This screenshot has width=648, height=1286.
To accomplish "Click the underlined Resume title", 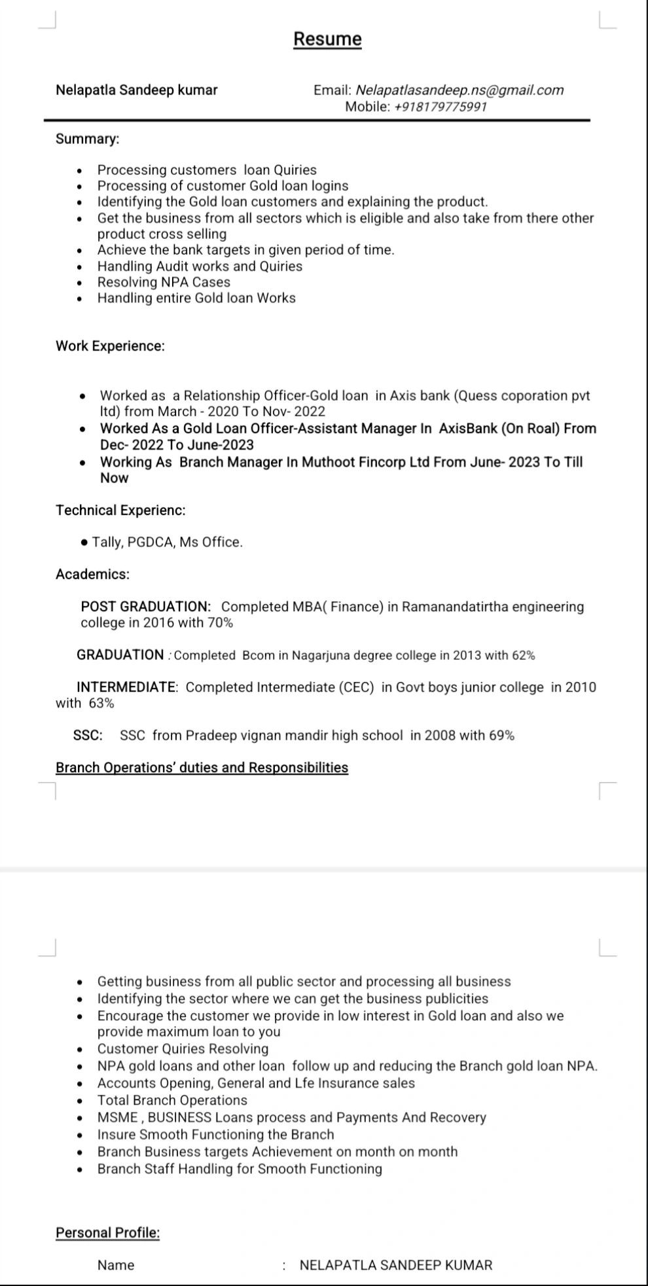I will tap(327, 39).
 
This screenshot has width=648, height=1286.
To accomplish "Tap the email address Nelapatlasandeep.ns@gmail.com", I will tap(459, 90).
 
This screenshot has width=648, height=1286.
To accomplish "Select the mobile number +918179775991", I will tap(440, 107).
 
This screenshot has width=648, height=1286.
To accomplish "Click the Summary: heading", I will tap(88, 139).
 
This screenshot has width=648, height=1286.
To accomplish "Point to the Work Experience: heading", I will tap(110, 346).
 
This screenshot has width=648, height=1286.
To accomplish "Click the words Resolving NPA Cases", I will tap(164, 282).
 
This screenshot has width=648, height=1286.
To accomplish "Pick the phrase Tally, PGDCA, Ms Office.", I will tap(167, 542).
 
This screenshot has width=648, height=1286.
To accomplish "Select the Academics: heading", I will tap(92, 574).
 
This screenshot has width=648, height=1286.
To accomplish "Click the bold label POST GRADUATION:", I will tap(145, 607).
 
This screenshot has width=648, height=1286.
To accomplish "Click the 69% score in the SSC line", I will tap(501, 736).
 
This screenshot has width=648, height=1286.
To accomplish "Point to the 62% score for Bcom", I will tap(523, 655).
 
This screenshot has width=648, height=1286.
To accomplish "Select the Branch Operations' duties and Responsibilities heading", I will tap(202, 768).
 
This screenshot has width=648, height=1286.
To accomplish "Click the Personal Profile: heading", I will tap(107, 1233).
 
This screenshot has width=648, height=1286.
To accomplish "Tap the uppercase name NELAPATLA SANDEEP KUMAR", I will tap(395, 1265).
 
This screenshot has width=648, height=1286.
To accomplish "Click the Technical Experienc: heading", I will tap(120, 510).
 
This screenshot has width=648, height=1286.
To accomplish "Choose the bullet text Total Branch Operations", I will tap(172, 1100).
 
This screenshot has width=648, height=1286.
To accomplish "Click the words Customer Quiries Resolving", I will tap(183, 1049).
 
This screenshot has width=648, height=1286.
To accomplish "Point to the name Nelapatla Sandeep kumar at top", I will tap(136, 90).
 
